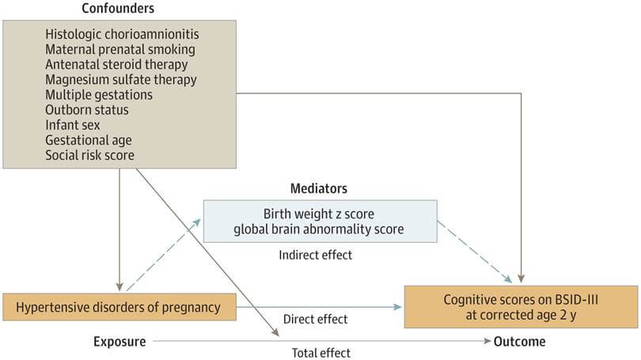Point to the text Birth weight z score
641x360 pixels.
coord(320,214)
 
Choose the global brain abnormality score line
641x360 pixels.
coord(320,229)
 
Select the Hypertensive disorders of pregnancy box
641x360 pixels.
coord(119,305)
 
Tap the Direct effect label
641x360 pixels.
coord(315,319)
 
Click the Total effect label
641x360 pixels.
coord(320,353)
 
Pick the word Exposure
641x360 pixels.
coord(119,342)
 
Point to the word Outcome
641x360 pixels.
coord(519,342)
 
